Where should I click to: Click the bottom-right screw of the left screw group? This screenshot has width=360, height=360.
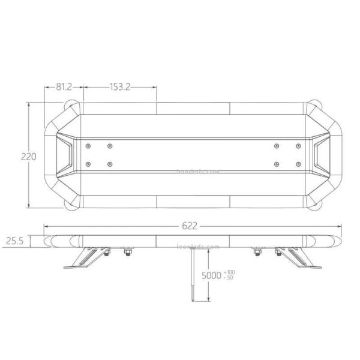tap(110, 164)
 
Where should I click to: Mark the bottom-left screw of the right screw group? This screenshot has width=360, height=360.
tap(275, 164)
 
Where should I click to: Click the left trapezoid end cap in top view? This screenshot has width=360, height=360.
tap(64, 154)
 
